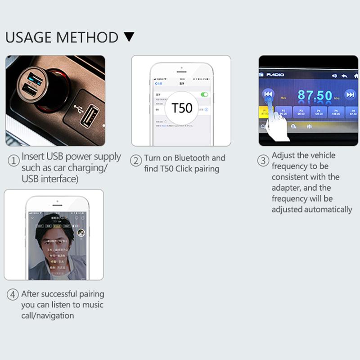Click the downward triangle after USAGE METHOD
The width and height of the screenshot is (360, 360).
pos(129,37)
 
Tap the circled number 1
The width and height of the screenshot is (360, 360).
pos(13,160)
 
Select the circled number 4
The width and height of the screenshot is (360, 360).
pos(13,295)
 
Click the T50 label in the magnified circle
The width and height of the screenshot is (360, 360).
pos(182,108)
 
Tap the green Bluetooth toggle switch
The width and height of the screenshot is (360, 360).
pos(205,94)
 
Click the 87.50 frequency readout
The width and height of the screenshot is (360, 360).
pos(315,95)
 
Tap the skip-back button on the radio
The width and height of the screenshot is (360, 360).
pos(268,94)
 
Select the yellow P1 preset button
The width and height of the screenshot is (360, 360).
pos(265,112)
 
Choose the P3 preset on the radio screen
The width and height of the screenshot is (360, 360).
pos(301,112)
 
